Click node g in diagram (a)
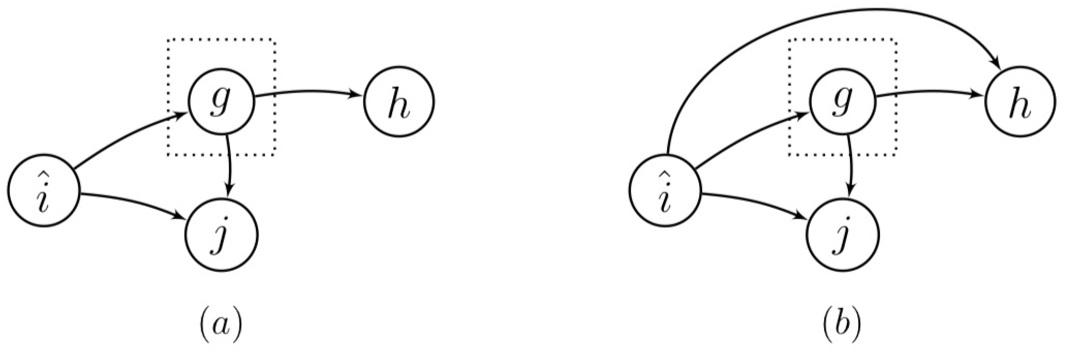(x=221, y=102)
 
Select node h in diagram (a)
(x=399, y=102)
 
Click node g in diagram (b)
(x=843, y=102)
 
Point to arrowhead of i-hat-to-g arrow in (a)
(x=179, y=117)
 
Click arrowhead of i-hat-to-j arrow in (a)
(x=181, y=216)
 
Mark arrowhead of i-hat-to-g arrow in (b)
(x=802, y=117)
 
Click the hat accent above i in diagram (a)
(x=44, y=174)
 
